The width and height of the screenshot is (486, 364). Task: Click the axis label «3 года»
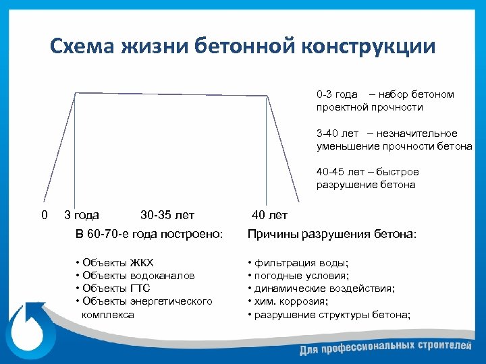click(81, 215)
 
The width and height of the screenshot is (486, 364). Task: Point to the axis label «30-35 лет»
click(167, 215)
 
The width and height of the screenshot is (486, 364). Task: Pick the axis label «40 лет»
click(269, 215)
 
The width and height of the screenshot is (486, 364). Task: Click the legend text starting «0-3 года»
click(385, 100)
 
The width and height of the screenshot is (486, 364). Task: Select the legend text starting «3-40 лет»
click(394, 140)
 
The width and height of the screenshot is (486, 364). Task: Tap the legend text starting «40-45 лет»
click(368, 178)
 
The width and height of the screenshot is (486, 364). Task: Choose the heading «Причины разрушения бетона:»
click(332, 234)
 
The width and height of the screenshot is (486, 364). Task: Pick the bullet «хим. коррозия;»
click(290, 301)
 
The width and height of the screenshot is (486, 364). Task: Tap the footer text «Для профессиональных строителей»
click(385, 348)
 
